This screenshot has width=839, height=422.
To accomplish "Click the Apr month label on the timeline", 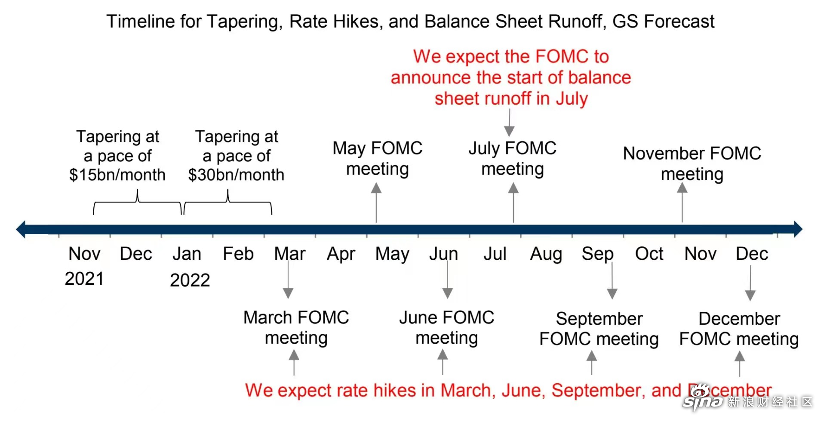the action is [341, 254].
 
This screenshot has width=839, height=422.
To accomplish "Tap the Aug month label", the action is [546, 254].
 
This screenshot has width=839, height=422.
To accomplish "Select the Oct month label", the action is [649, 254].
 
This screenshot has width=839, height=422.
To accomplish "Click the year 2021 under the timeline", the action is [84, 279].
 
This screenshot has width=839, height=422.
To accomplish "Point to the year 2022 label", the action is [190, 280].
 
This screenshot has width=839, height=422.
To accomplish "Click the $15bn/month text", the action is [117, 175].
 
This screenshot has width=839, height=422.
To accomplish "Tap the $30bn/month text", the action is [236, 175].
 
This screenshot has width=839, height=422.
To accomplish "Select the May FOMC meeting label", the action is [378, 158].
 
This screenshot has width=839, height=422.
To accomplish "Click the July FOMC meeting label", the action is [513, 158].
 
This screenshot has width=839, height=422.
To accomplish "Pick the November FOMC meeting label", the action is [692, 163].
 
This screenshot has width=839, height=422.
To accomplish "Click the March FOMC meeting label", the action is [296, 327].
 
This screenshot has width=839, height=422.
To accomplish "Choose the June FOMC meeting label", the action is [447, 327].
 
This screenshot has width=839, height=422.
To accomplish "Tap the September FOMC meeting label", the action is [599, 329].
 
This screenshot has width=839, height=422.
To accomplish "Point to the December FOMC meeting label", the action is [739, 329].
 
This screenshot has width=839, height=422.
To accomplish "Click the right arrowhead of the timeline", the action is [798, 229].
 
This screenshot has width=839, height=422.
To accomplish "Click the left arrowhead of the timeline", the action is [21, 229].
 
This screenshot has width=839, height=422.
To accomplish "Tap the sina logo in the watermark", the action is [704, 398].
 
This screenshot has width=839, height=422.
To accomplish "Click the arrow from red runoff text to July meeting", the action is [510, 123].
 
